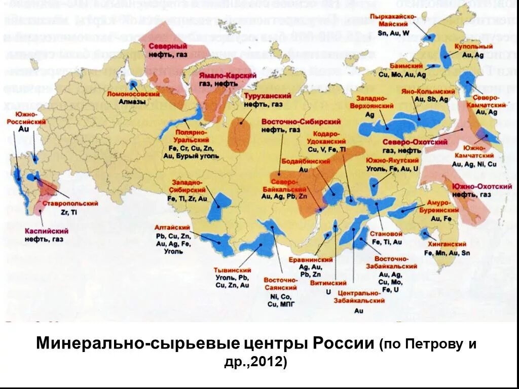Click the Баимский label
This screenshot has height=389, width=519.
403,66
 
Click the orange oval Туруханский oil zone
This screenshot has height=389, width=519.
240,135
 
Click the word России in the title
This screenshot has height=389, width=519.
344,343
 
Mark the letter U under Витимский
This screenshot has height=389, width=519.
328,292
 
